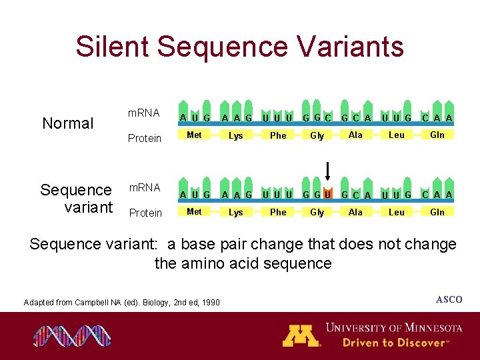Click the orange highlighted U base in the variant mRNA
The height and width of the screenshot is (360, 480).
327,195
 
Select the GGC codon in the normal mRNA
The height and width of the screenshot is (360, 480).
317,118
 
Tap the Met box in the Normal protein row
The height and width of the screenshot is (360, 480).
195,135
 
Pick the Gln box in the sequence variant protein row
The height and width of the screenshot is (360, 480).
437,212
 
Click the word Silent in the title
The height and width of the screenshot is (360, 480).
114,47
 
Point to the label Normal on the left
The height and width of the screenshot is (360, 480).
68,123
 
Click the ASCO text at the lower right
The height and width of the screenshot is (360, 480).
449,299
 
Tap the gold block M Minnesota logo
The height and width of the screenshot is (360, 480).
301,335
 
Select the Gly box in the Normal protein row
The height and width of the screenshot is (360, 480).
317,135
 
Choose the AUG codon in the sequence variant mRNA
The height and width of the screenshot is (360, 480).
195,195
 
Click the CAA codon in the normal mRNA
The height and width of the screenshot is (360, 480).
437,118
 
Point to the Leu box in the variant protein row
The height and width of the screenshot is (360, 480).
396,212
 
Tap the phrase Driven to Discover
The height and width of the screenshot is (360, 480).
395,343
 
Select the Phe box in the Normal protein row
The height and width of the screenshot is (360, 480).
278,135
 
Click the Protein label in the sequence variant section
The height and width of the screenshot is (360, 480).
145,213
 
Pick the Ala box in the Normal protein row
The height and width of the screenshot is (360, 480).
356,135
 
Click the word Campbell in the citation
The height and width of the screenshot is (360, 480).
92,303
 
